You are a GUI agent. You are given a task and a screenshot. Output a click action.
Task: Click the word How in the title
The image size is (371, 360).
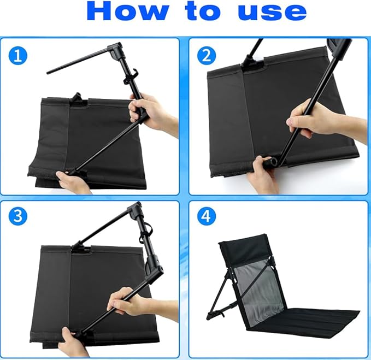128,11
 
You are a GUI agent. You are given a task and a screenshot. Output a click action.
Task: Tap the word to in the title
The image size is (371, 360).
203,11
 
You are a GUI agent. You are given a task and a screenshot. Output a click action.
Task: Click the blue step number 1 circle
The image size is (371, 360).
18,56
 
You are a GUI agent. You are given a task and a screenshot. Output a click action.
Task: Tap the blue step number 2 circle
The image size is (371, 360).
207,56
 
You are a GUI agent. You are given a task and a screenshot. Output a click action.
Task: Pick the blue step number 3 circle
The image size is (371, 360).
18,216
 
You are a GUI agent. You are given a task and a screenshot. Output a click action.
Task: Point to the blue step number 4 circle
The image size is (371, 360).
207,216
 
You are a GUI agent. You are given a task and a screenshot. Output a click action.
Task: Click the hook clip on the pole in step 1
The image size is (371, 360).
131,76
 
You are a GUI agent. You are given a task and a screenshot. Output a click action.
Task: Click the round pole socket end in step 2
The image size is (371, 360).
272,162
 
